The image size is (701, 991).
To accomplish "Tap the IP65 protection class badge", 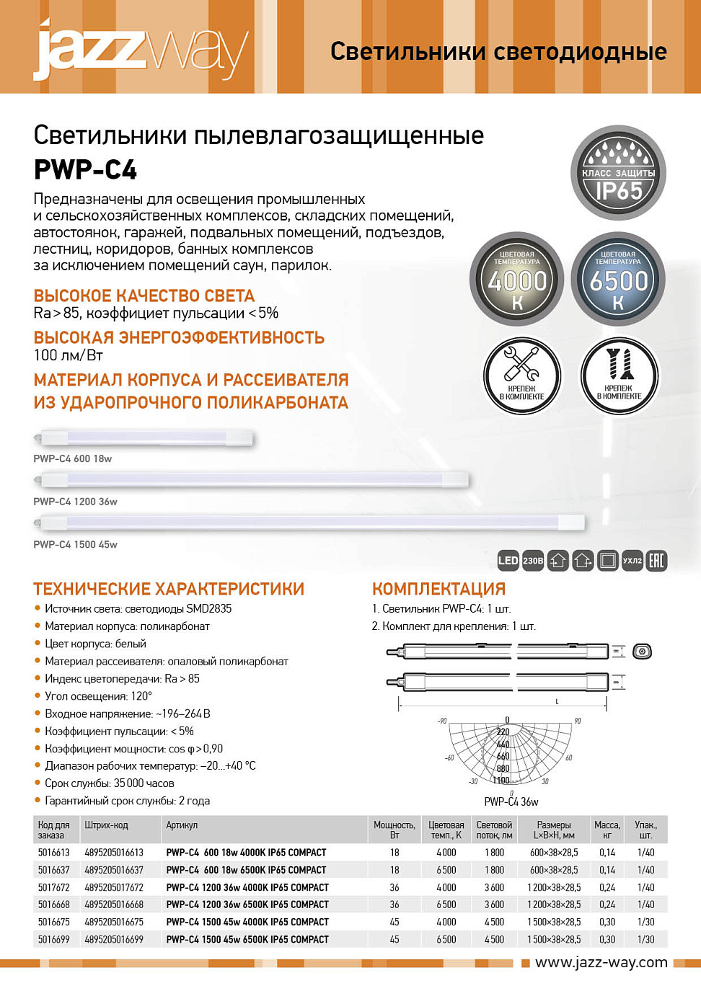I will click(x=618, y=174).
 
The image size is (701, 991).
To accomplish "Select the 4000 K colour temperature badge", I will click(x=517, y=280).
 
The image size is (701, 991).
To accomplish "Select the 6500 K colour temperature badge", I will click(x=618, y=280).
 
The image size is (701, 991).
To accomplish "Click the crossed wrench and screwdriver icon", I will click(x=521, y=375).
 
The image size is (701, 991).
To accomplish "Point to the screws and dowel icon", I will click(x=619, y=375).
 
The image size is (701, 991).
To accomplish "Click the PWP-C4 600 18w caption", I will click(x=72, y=458).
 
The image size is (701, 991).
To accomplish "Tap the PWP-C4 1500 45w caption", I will click(x=75, y=544).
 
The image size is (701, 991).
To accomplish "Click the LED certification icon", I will click(x=508, y=561).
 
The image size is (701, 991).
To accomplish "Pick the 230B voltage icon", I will click(x=533, y=561).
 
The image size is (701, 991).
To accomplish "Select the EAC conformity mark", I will click(x=656, y=561).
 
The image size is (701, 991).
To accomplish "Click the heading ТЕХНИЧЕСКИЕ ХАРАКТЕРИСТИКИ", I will click(x=169, y=589).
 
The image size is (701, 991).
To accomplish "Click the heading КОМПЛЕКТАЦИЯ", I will click(x=438, y=589).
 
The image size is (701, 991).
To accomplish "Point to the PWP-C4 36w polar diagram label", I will click(x=511, y=801).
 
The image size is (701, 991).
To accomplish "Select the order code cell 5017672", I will click(x=54, y=887).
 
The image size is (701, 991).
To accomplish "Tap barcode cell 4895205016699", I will click(x=114, y=939).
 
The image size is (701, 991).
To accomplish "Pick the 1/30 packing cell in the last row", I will click(x=645, y=939).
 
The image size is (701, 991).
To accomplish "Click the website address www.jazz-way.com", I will click(x=601, y=962).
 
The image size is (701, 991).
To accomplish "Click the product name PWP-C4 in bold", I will click(x=85, y=170).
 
